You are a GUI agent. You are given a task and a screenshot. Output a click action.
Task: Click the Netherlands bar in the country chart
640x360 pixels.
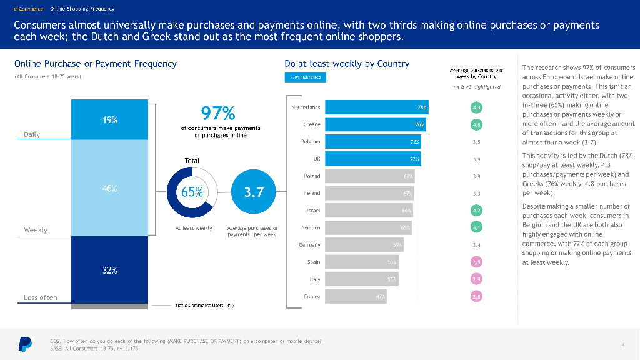(377, 107)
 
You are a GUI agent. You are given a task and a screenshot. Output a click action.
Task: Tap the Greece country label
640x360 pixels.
(312, 124)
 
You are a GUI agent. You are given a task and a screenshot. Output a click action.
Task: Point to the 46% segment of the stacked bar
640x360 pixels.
(110, 188)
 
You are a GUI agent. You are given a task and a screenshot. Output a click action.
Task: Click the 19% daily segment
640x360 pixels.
(110, 119)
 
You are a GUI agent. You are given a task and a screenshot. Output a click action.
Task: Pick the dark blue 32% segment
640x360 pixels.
(110, 270)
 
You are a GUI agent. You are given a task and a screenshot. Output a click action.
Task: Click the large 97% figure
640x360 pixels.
(218, 113)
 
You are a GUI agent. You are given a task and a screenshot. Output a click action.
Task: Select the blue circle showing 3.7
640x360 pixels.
(254, 192)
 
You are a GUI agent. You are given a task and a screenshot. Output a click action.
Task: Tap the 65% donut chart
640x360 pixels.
(192, 192)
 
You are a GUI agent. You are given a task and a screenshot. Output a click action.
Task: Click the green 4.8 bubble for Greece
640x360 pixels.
(477, 124)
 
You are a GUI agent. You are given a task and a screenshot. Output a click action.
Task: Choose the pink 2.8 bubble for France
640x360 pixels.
(477, 296)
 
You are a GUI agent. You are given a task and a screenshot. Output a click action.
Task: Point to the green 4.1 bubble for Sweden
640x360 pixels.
(477, 227)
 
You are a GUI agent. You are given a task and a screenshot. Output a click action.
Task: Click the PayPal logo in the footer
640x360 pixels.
(24, 344)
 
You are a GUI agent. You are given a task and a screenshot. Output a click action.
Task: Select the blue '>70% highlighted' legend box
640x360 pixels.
(306, 77)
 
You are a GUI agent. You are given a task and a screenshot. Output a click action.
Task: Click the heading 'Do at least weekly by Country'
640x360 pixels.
(347, 64)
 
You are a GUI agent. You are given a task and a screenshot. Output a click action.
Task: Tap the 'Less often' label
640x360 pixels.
(40, 297)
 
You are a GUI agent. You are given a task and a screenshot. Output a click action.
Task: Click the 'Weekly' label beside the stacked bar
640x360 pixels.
(36, 230)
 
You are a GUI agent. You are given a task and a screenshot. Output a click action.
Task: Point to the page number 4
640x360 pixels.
(623, 344)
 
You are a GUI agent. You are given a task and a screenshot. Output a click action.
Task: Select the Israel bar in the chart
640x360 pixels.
(369, 211)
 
